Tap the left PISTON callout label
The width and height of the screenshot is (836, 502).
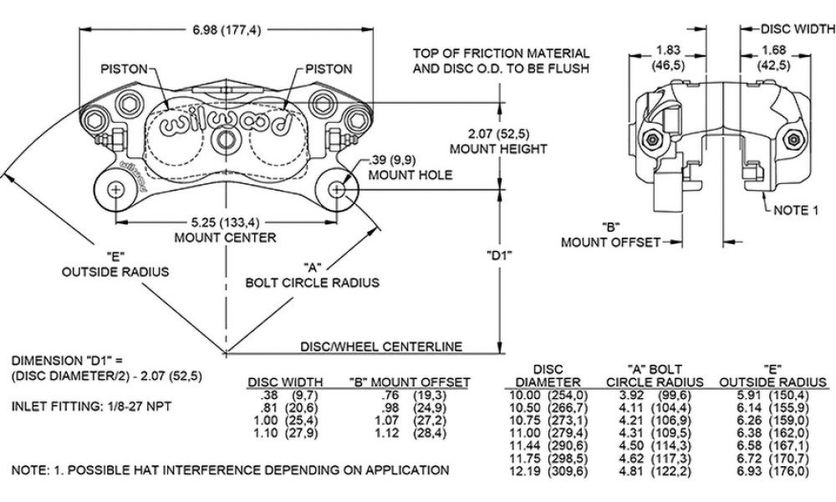pyautogui.click(x=124, y=69)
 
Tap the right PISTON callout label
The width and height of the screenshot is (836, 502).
pyautogui.click(x=329, y=69)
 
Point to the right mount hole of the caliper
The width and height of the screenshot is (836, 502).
pyautogui.click(x=337, y=189)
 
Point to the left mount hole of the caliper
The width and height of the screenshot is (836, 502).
pyautogui.click(x=115, y=189)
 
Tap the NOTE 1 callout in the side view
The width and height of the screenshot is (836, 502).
pyautogui.click(x=795, y=210)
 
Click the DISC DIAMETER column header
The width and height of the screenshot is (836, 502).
pyautogui.click(x=548, y=375)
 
